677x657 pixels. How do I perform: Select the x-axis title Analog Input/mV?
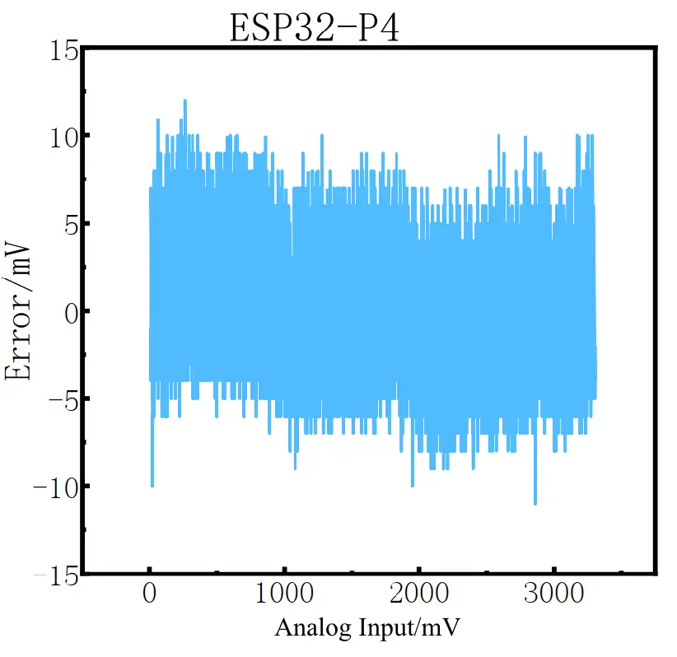point(367,627)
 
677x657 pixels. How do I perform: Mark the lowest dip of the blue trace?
point(535,502)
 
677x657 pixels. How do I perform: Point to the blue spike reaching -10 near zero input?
point(152,484)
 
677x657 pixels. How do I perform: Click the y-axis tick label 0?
point(71,311)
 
